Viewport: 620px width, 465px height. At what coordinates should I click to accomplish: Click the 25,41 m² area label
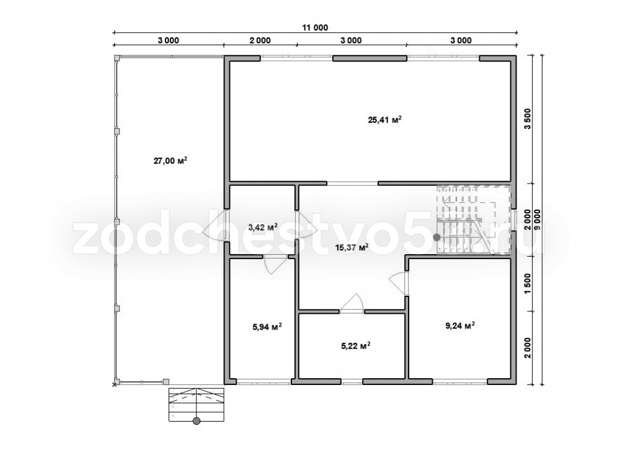(385, 120)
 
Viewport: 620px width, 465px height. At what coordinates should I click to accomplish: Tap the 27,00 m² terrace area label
(170, 161)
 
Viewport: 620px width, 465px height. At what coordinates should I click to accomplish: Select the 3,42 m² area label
(262, 227)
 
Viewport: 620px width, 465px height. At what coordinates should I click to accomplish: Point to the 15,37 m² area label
(352, 247)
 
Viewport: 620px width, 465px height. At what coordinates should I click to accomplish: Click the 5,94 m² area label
(267, 327)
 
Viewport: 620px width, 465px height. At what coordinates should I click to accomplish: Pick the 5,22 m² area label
(355, 346)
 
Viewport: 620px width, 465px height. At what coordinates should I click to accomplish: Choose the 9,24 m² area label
(460, 326)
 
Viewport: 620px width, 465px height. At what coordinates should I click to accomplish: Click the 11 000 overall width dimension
(315, 28)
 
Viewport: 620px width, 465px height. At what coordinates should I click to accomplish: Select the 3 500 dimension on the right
(528, 119)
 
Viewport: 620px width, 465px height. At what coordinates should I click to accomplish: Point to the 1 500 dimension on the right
(528, 283)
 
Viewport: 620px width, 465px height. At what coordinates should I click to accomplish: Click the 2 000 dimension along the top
(260, 40)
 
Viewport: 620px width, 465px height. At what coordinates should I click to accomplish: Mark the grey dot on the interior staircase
(436, 237)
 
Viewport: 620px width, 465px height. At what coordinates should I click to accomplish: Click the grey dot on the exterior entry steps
(196, 421)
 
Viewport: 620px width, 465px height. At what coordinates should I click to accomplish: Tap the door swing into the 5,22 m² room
(353, 304)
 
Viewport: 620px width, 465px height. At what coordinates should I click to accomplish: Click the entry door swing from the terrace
(214, 226)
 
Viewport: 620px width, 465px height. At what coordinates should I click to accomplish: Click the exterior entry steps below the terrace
(196, 405)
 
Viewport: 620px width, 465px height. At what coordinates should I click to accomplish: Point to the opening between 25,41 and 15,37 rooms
(352, 184)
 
